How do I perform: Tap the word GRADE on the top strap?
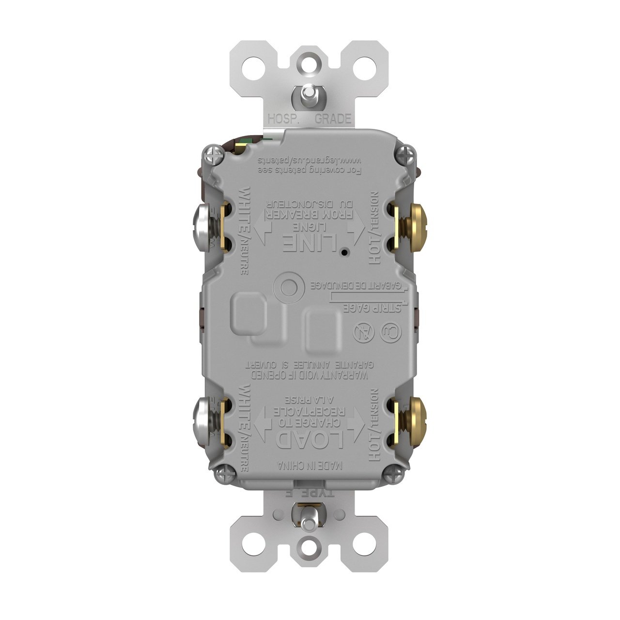(333, 119)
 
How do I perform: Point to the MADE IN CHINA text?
(310, 465)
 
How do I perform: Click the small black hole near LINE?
(343, 252)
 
